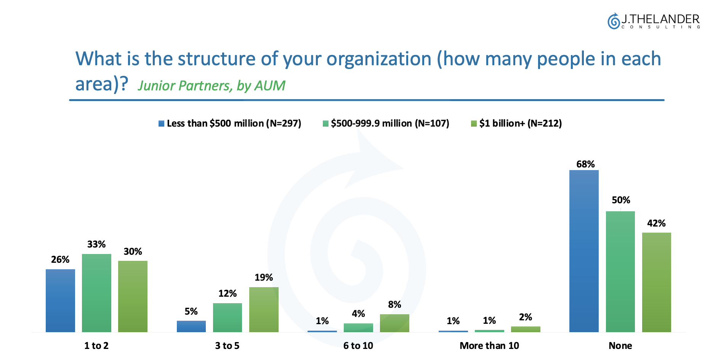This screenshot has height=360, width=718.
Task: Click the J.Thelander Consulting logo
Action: coord(653,21)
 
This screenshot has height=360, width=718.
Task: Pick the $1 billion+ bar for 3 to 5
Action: coord(264,309)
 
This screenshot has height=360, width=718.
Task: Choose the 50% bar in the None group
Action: coord(620,272)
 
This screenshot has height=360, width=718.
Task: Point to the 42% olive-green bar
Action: coord(656,282)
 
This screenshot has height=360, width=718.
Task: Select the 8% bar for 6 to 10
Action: coord(394,323)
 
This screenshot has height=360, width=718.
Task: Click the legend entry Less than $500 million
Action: coord(230,124)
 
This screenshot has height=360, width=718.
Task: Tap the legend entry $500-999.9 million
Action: coord(386,124)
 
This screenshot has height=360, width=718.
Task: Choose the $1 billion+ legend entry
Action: coord(516,124)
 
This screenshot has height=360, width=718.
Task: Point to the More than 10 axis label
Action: coord(489,346)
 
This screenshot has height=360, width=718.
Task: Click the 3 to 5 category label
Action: coord(227,346)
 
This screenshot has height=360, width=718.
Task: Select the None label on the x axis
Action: coord(620,346)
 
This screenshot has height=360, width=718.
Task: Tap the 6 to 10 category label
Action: coord(358,346)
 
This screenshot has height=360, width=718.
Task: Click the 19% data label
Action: coord(264,278)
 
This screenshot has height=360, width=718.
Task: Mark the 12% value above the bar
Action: coord(228,294)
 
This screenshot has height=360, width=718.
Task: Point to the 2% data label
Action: coord(526,317)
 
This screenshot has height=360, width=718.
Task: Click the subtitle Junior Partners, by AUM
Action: coord(212,86)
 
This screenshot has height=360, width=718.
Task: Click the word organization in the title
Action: coord(379,59)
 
